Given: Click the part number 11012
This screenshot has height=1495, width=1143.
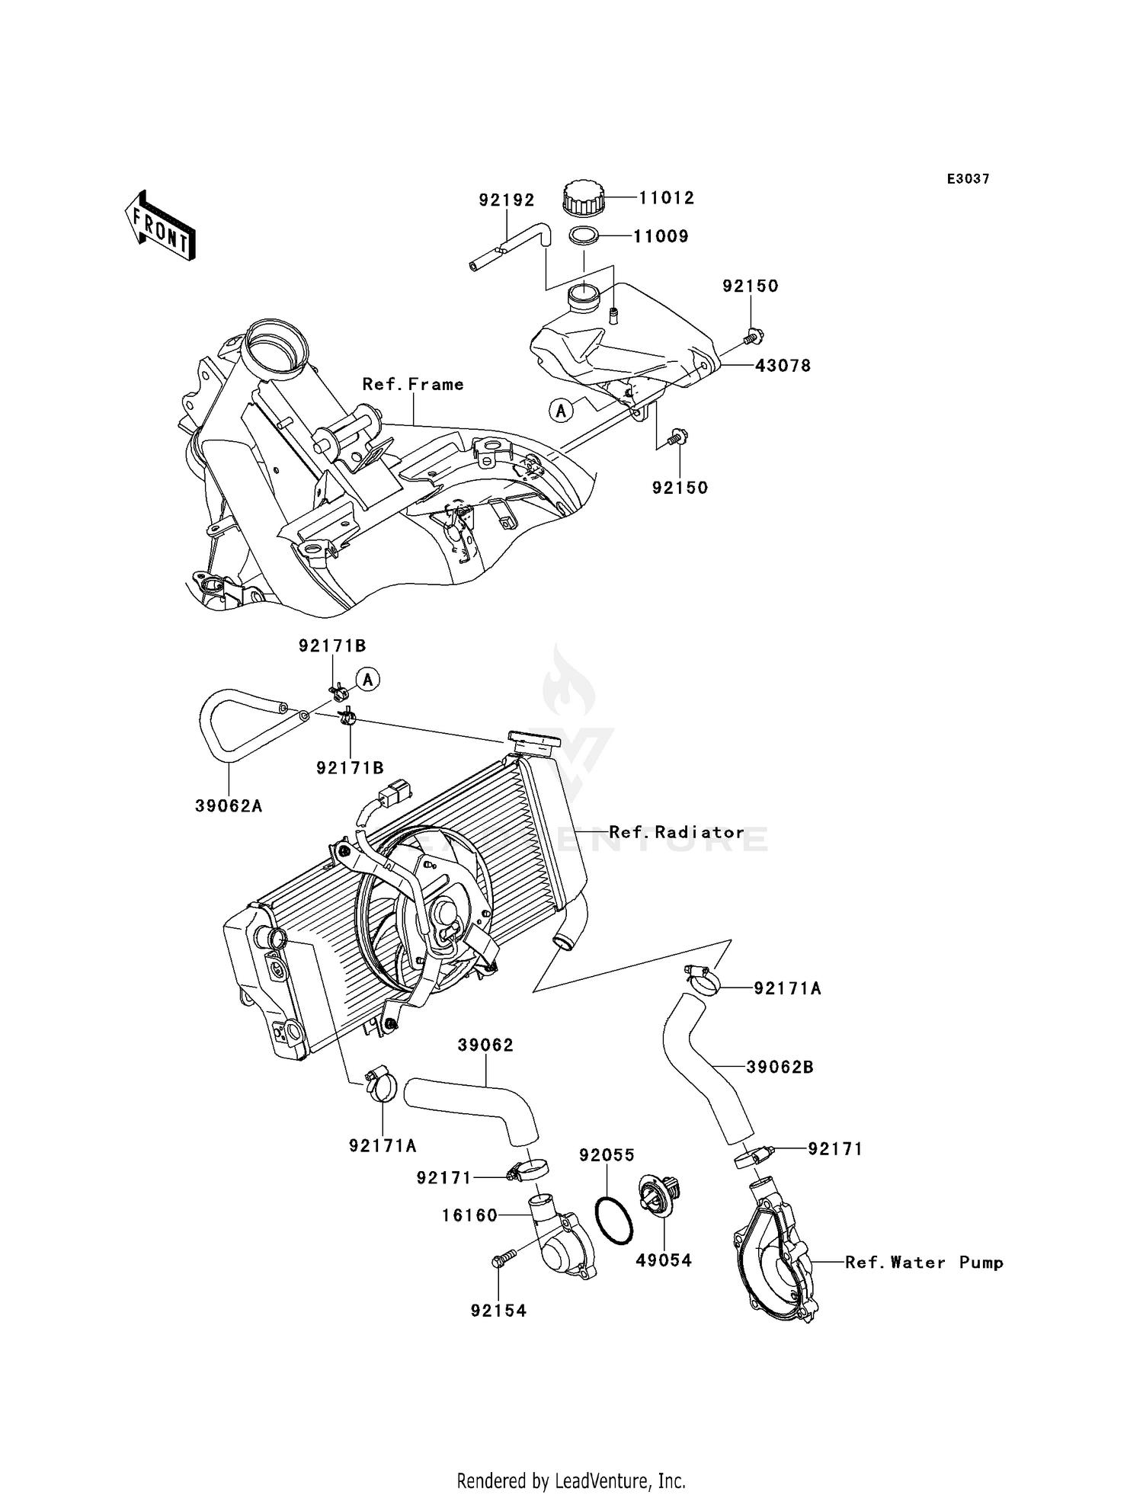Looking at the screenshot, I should click(x=666, y=198).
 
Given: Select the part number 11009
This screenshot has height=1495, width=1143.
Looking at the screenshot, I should click(x=661, y=236).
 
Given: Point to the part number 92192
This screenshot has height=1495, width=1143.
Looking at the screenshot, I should click(x=507, y=200).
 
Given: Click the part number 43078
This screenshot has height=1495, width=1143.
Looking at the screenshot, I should click(x=783, y=366).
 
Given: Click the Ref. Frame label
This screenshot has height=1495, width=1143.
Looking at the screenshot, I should click(x=413, y=385).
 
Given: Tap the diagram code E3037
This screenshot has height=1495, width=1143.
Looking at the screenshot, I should click(x=968, y=179).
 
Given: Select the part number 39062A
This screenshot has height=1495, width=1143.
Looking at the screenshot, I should click(x=229, y=806).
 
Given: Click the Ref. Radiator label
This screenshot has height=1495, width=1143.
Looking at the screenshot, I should click(x=677, y=832).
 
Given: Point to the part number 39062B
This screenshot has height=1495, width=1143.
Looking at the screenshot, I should click(x=780, y=1068).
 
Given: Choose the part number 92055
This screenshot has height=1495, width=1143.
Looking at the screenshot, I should click(x=607, y=1155).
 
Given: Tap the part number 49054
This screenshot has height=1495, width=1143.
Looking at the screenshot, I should click(x=664, y=1260).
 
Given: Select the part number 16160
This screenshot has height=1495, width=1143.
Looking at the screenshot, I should click(x=469, y=1215).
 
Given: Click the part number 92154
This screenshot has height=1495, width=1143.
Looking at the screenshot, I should click(x=498, y=1311).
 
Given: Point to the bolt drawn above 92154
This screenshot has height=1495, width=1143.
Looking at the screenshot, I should click(x=503, y=1260).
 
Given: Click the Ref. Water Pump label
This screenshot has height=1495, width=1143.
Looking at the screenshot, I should click(x=924, y=1263).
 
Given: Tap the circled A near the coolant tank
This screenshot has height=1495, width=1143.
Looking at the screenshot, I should click(x=561, y=411).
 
